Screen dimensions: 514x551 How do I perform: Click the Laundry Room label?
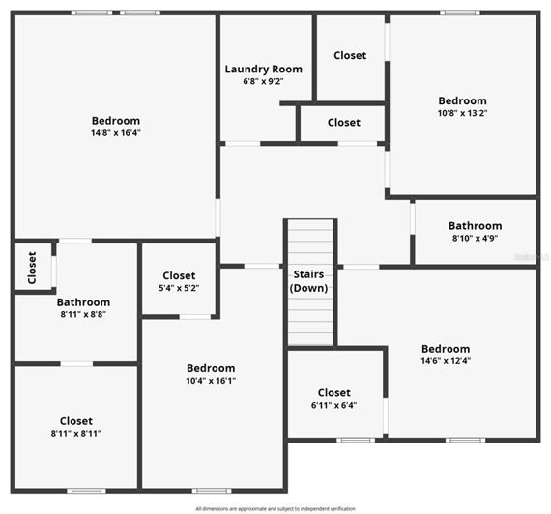point(263,69)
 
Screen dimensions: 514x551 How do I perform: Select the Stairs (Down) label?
point(310,281)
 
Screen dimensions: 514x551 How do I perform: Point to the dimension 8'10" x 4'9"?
point(475,239)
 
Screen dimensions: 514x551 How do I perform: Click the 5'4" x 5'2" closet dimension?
point(179,288)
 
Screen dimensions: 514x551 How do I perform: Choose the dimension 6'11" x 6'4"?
point(333,405)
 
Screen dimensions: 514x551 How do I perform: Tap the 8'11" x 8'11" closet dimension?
point(76,434)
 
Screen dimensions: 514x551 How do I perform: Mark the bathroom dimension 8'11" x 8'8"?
point(83,315)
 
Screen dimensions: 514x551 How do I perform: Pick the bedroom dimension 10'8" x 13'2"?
point(462,113)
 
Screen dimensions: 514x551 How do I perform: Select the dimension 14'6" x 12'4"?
point(446,361)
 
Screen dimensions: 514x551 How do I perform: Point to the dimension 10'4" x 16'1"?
point(211,381)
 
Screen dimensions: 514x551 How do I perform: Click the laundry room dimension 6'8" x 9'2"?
point(263,82)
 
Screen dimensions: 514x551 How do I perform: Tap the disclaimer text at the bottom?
point(275,508)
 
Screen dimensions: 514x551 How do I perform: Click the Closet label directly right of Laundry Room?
point(350,56)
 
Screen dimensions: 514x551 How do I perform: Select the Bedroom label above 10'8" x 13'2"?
point(462,100)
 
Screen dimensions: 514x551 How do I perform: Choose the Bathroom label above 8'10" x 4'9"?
point(475,226)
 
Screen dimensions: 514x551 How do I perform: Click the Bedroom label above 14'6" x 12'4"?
point(446,349)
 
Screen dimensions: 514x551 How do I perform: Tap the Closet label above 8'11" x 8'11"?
point(76,421)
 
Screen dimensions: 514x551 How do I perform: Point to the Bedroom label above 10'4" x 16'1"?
point(211,368)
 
